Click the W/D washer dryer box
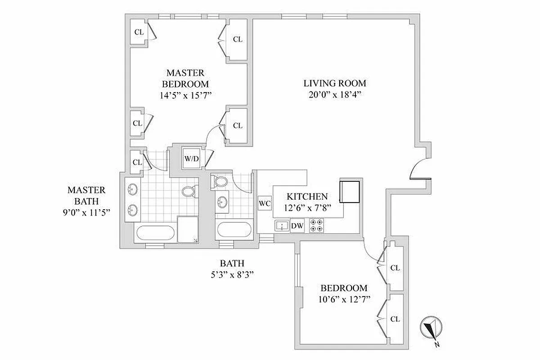[x=192, y=158]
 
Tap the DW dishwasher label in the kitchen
[x=297, y=226]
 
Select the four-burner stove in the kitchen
[x=317, y=225]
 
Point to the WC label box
[x=265, y=203]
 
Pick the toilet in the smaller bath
[x=220, y=182]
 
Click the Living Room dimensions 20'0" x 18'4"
[x=334, y=95]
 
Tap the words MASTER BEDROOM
[x=185, y=78]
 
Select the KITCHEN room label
[x=307, y=197]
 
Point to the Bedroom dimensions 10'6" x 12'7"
[x=343, y=299]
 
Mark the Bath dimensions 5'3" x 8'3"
[x=232, y=275]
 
